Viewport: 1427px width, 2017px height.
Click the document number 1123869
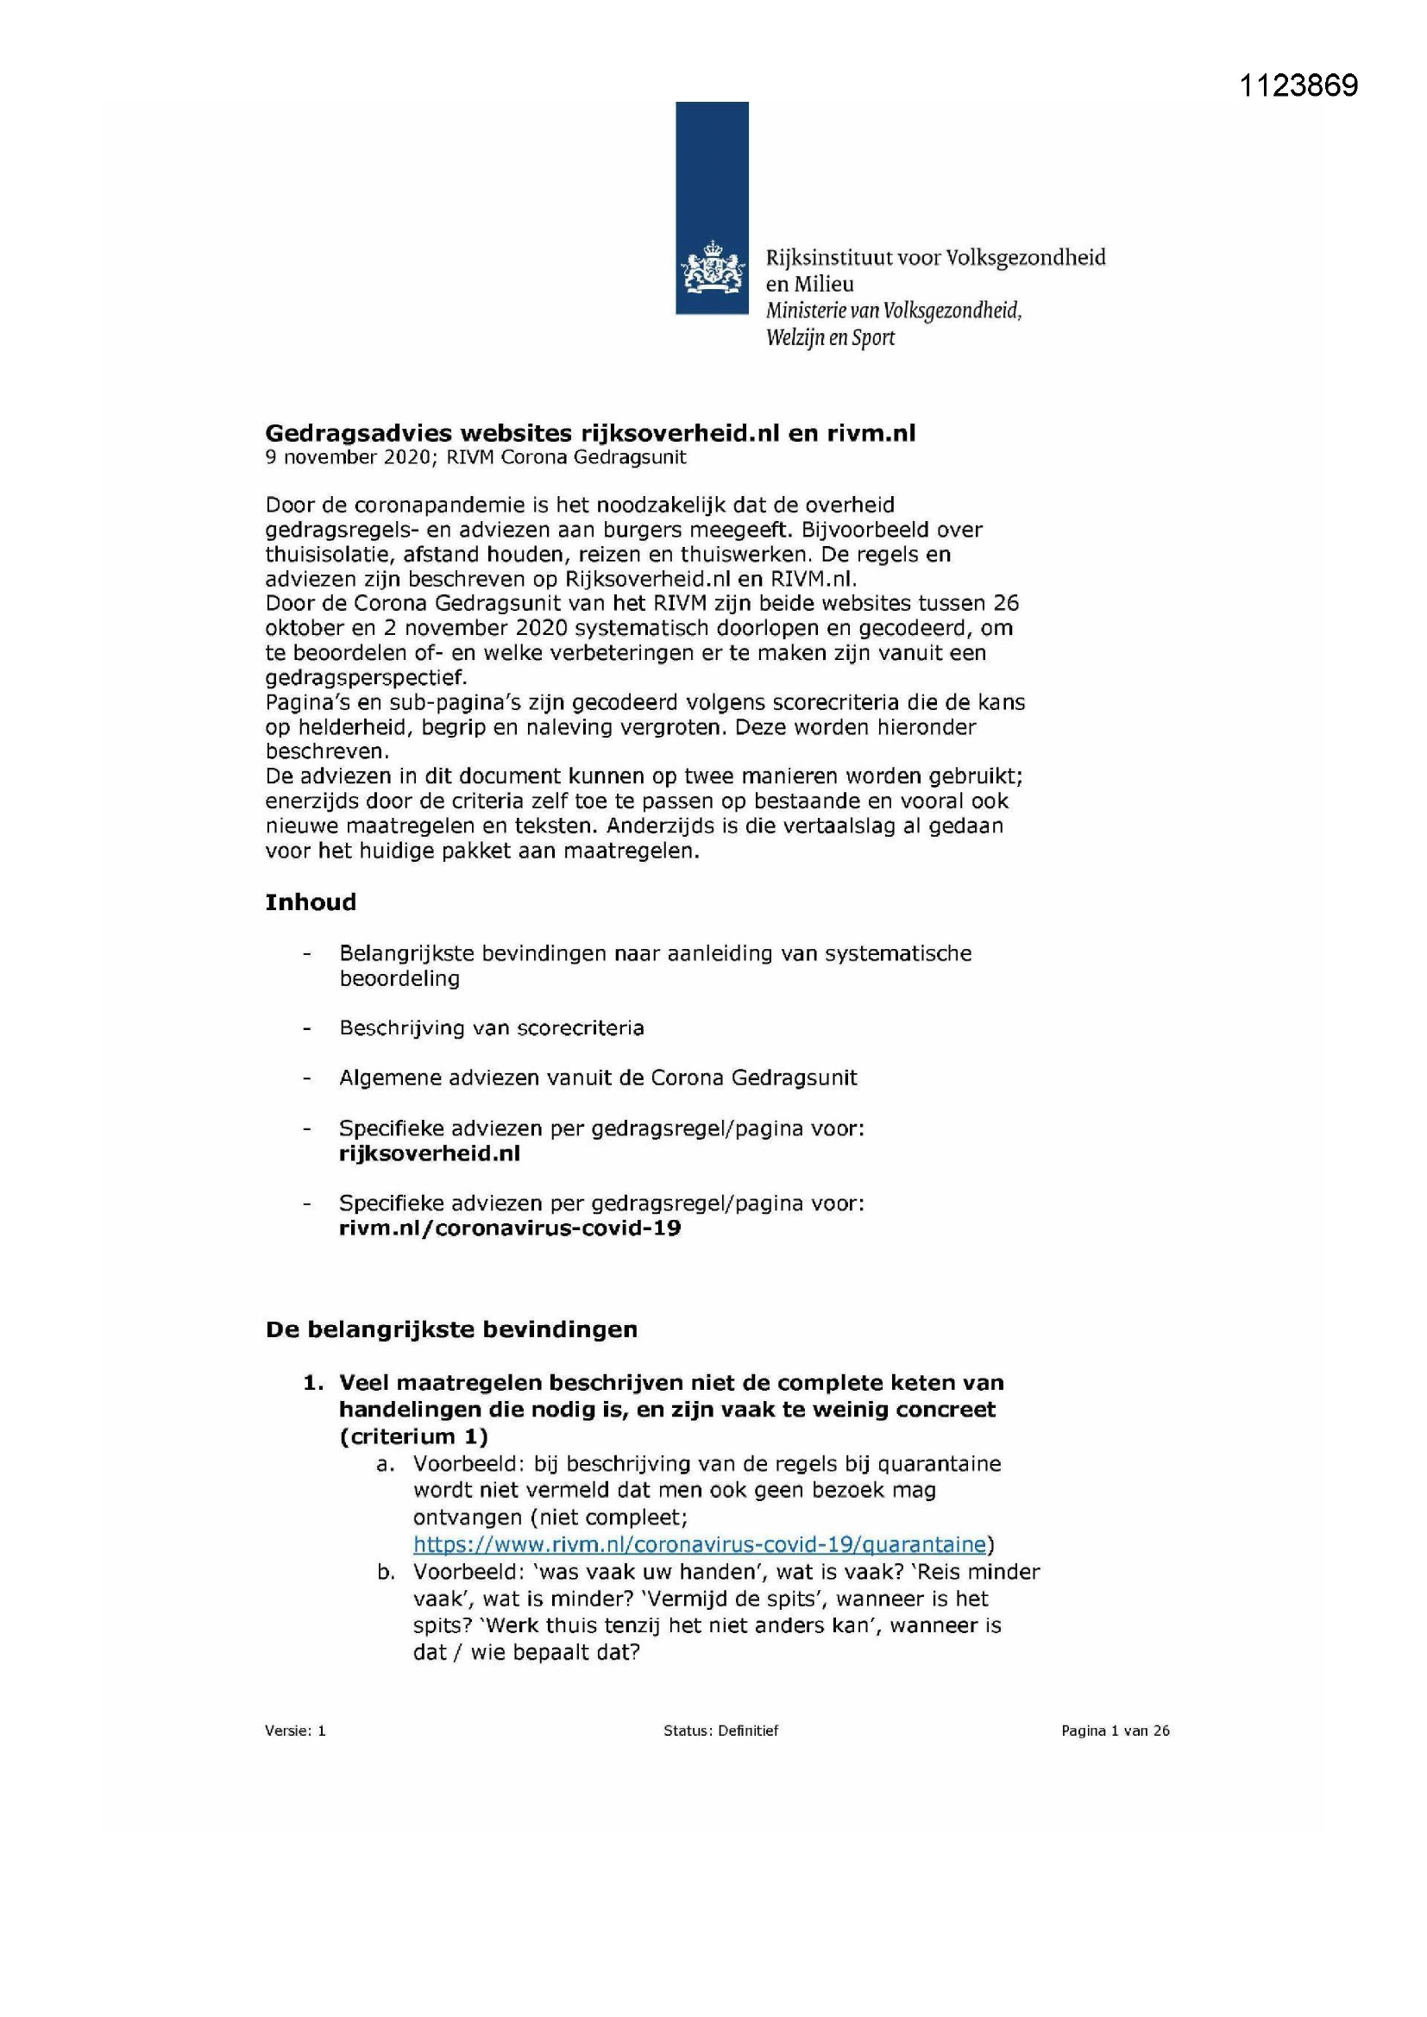pyautogui.click(x=1298, y=85)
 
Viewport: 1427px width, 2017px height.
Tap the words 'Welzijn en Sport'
pyautogui.click(x=829, y=337)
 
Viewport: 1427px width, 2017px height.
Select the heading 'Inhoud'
pyautogui.click(x=311, y=902)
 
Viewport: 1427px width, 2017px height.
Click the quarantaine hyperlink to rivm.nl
pyautogui.click(x=699, y=1543)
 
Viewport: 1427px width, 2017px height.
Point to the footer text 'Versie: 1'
pyautogui.click(x=295, y=1731)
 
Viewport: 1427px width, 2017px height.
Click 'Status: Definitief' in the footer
pyautogui.click(x=720, y=1731)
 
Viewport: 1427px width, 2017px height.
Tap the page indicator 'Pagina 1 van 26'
pyautogui.click(x=1115, y=1731)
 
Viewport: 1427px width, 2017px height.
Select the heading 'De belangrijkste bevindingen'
pyautogui.click(x=450, y=1329)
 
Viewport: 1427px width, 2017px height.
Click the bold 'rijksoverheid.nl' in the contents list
pyautogui.click(x=430, y=1153)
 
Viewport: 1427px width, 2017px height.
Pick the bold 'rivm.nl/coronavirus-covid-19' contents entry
pyautogui.click(x=510, y=1228)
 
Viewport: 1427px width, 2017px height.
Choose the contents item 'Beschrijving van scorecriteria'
pyautogui.click(x=491, y=1027)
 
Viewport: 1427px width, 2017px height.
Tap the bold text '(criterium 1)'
pyautogui.click(x=413, y=1436)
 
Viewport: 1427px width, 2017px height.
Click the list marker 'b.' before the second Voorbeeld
pyautogui.click(x=386, y=1572)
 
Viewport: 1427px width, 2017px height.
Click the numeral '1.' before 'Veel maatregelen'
pyautogui.click(x=313, y=1383)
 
